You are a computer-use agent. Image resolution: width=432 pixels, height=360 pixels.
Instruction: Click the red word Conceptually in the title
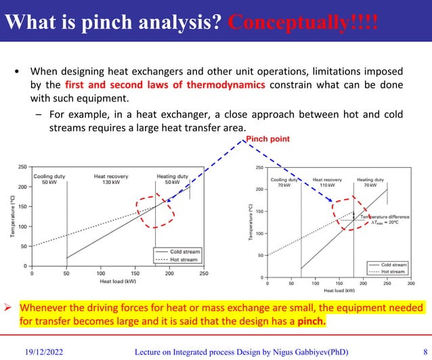(x=302, y=21)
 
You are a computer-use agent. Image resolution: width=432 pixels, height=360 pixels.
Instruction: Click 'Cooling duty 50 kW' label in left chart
(x=49, y=179)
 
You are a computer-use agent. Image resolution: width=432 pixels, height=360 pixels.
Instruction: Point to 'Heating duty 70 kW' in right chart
(x=383, y=181)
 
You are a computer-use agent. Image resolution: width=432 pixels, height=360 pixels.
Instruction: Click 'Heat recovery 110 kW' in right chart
(x=327, y=181)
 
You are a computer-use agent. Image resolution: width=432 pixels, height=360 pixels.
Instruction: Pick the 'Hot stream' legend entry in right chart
(x=394, y=271)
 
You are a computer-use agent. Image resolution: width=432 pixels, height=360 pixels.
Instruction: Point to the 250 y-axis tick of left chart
(x=23, y=166)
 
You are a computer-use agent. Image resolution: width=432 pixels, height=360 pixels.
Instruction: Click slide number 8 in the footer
(x=425, y=351)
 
